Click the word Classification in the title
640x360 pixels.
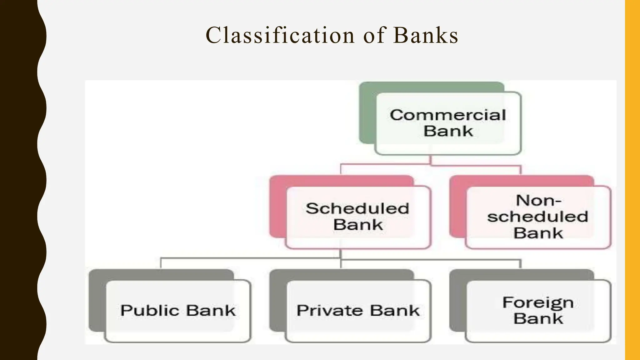tap(280, 35)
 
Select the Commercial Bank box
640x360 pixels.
tap(448, 123)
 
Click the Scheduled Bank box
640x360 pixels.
tap(358, 217)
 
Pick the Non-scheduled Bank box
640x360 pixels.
tap(538, 217)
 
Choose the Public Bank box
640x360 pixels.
tap(178, 311)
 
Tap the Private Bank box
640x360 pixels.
tap(358, 311)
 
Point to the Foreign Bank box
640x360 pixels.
tap(538, 311)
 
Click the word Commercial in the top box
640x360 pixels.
tap(448, 115)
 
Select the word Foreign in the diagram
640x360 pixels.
tap(538, 302)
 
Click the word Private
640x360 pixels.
tap(329, 311)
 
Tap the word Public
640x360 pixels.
tap(150, 311)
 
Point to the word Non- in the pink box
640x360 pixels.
tap(538, 200)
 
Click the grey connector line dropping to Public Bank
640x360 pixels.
tap(161, 263)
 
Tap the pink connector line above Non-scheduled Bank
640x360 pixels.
tap(521, 170)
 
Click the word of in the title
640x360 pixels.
tap(374, 35)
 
